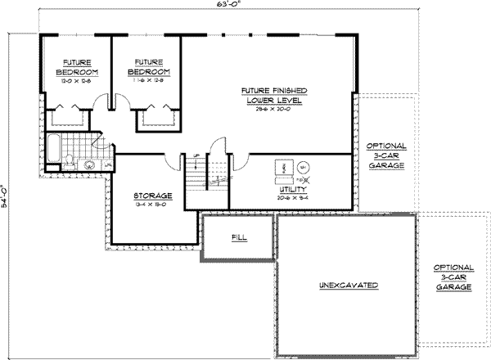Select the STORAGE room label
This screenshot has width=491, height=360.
(152, 196)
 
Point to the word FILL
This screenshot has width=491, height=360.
(241, 237)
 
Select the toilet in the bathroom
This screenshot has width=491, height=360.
(71, 155)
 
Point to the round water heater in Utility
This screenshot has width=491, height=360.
(301, 164)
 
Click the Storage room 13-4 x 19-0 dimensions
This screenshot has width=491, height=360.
(152, 206)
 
